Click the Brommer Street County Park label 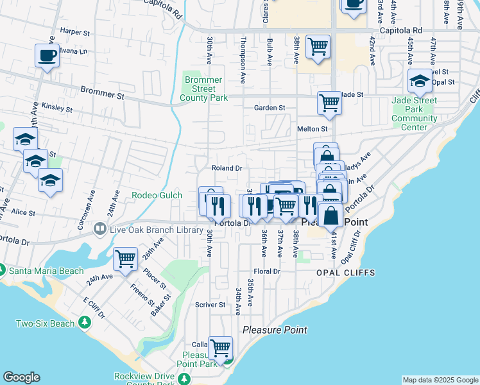(x=204, y=89)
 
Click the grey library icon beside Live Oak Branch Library (x=99, y=228)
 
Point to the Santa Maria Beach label (x=46, y=271)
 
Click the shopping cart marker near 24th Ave (x=125, y=259)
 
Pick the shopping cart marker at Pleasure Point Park (x=220, y=347)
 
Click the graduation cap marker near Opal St (x=420, y=80)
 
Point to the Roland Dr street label (x=227, y=168)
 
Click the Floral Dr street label (x=267, y=271)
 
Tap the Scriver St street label (x=210, y=305)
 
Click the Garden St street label (x=269, y=108)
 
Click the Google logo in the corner (x=21, y=377)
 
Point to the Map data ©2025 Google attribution (x=440, y=380)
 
